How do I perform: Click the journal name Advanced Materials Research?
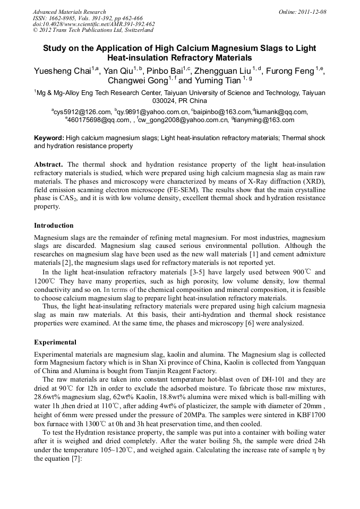pyautogui.click(x=69, y=12)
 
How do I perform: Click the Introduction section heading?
pyautogui.click(x=54, y=226)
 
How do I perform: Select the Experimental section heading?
pyautogui.click(x=55, y=342)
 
